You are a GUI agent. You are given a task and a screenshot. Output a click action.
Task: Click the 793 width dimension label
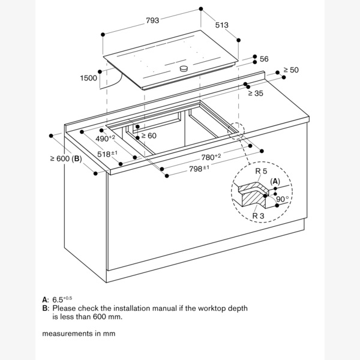click(x=152, y=20)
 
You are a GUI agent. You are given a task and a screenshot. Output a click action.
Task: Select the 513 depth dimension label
click(x=222, y=25)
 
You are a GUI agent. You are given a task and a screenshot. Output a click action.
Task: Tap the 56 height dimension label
click(x=264, y=59)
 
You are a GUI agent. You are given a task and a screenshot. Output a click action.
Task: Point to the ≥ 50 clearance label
click(x=291, y=70)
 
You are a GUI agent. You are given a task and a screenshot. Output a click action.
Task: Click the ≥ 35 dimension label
click(x=256, y=93)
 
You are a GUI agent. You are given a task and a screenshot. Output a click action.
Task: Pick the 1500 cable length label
click(x=88, y=78)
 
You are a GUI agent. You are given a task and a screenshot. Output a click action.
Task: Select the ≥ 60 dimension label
click(x=149, y=136)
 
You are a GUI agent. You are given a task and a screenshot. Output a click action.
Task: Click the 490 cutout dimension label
click(x=105, y=139)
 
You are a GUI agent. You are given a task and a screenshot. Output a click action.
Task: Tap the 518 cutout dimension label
click(x=107, y=154)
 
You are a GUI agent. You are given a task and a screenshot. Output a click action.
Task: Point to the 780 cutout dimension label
click(x=211, y=157)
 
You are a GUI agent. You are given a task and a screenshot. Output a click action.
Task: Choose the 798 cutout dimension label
click(x=199, y=169)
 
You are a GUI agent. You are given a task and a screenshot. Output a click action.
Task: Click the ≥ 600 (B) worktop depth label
click(x=66, y=158)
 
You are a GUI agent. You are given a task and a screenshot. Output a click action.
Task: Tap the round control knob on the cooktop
click(x=184, y=68)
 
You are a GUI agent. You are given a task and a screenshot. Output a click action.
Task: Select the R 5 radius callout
click(x=261, y=171)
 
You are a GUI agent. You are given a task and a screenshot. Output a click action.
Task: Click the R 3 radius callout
click(x=258, y=216)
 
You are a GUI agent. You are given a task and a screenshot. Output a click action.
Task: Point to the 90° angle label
click(x=283, y=199)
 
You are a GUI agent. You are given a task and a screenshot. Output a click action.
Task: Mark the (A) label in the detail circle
click(x=275, y=182)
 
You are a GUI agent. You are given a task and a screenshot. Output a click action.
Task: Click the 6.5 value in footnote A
click(x=62, y=299)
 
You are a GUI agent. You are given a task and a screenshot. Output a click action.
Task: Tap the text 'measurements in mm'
click(x=79, y=333)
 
